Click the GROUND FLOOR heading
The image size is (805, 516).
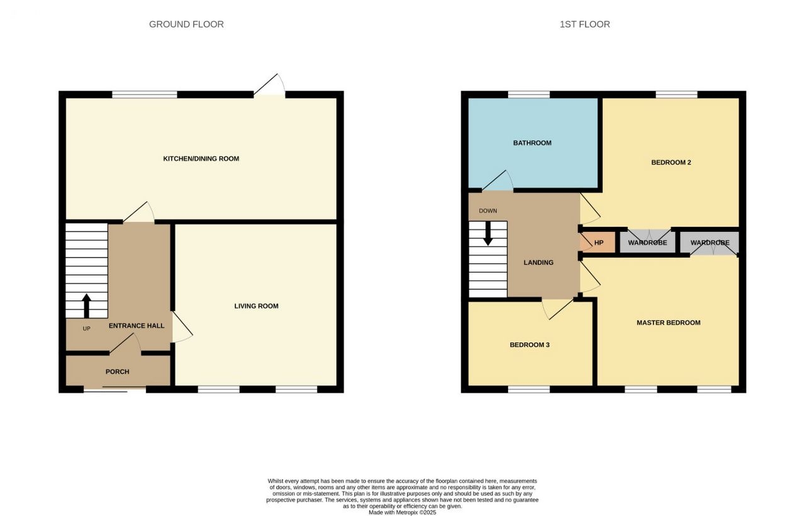coord(186,25)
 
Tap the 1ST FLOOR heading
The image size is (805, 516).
coord(585,25)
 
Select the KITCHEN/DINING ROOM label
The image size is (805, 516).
coord(201,159)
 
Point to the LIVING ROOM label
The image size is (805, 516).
coord(256,306)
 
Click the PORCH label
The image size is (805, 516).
coord(117,371)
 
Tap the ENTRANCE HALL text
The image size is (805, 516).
coord(136,326)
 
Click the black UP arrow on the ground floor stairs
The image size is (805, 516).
coord(86,306)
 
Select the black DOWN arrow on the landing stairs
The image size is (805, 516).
coord(487,233)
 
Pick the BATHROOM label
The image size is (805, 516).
coord(532,143)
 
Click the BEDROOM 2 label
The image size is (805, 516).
coord(671,162)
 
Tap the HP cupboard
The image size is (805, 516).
coord(598,243)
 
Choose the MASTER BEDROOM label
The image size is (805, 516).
coord(669,323)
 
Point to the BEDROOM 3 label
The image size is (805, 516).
coord(530,345)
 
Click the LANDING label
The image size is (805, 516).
coord(538,263)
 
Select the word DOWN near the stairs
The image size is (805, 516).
coord(487,211)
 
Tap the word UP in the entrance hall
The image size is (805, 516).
coord(86,329)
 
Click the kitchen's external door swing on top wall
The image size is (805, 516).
coord(270,85)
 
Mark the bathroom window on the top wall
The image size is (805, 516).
coord(529,94)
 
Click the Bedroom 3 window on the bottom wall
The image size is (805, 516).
coord(529,389)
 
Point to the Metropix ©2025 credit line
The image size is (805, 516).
coord(402,512)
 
